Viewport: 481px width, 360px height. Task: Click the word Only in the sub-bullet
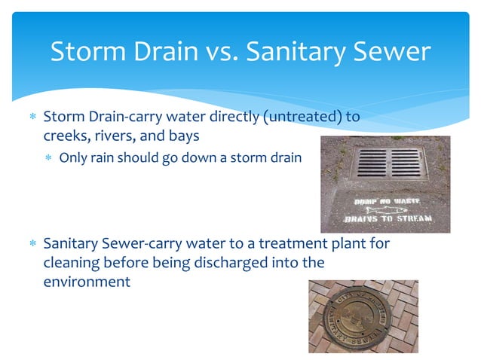[73, 158]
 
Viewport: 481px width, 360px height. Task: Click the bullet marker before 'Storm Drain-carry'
[32, 118]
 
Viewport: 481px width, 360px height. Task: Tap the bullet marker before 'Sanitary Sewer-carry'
[32, 245]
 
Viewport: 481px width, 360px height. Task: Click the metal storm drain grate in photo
[390, 162]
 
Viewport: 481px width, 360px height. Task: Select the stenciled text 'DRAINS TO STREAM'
[388, 219]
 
